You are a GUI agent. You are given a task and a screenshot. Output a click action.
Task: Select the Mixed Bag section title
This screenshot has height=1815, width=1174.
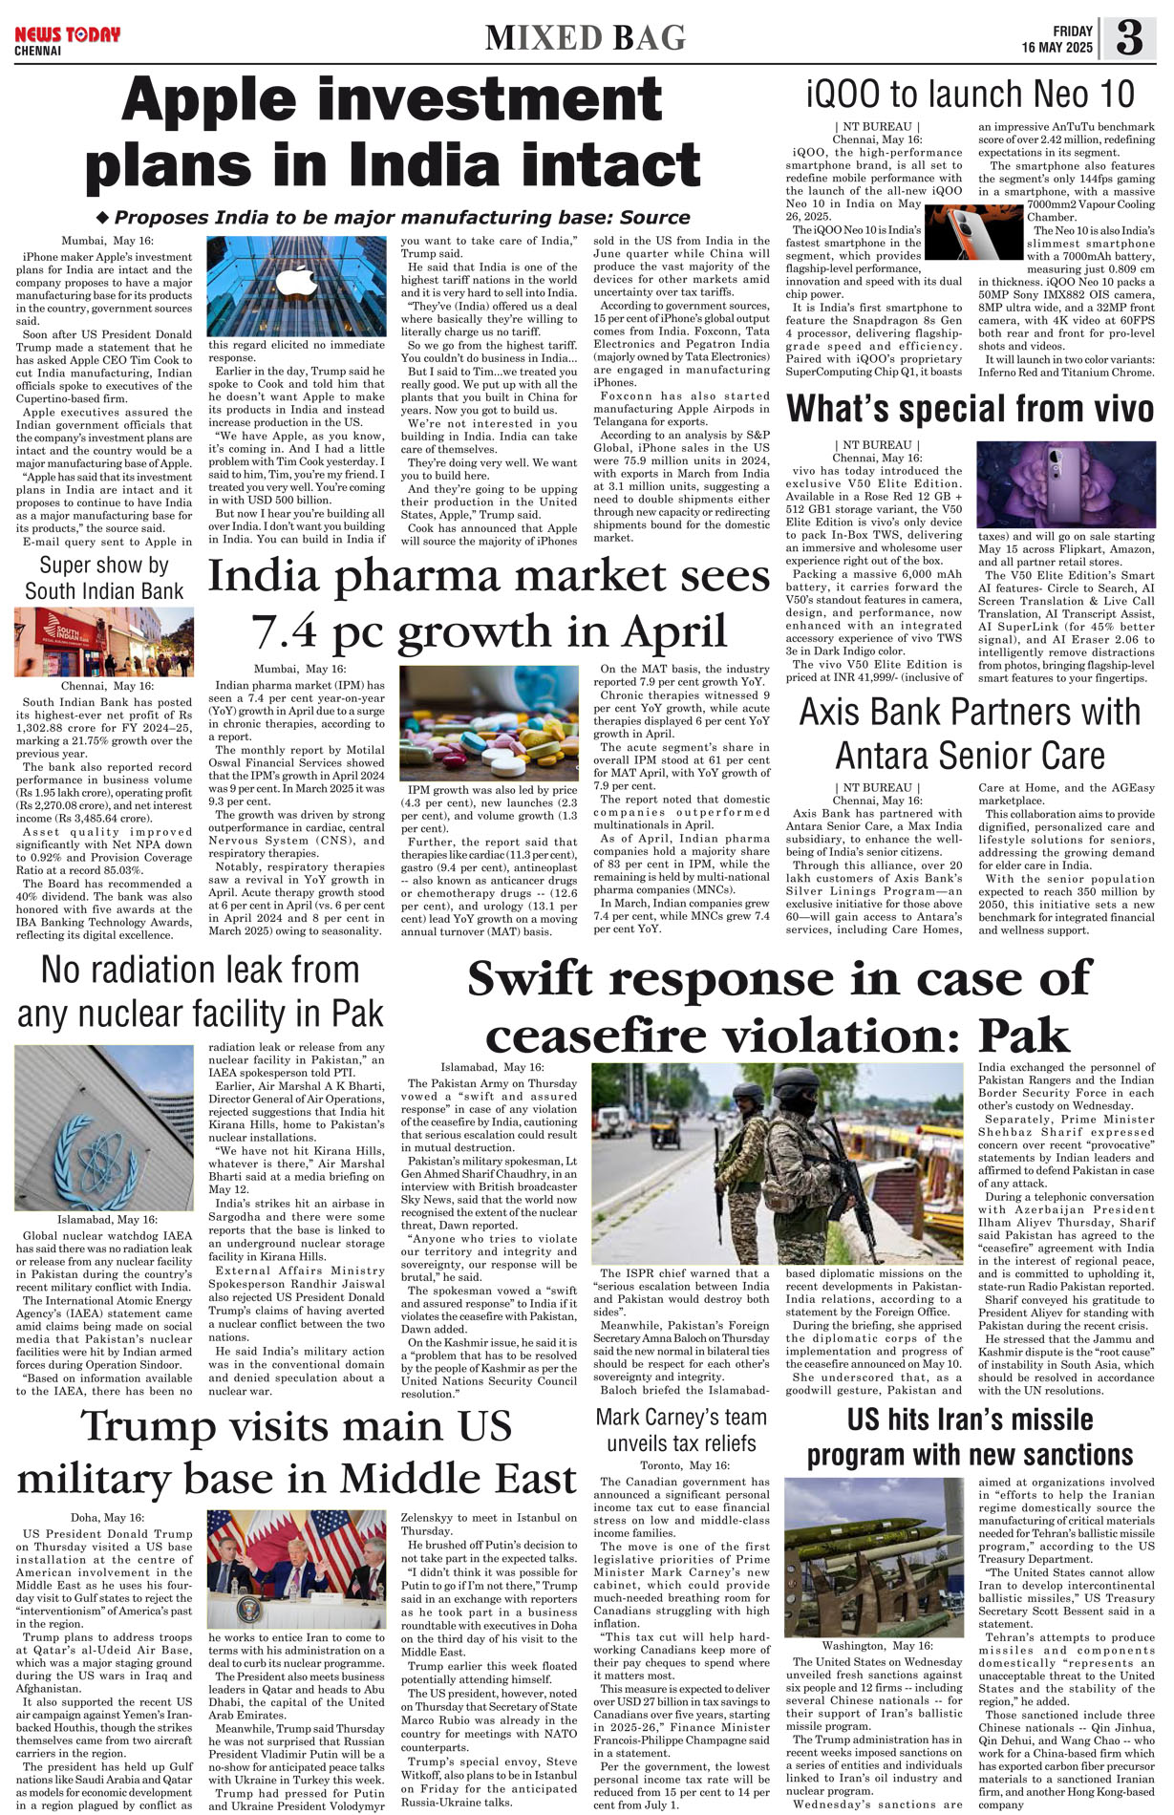(x=585, y=38)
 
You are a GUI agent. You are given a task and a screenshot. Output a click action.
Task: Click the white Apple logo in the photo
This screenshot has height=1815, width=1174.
(x=296, y=283)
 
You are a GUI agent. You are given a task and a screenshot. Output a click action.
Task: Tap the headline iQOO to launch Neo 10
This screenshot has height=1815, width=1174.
(x=970, y=95)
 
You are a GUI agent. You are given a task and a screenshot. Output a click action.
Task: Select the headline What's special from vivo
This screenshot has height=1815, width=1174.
(x=970, y=409)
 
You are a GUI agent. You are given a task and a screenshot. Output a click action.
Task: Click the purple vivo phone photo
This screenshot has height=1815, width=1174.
(x=1065, y=484)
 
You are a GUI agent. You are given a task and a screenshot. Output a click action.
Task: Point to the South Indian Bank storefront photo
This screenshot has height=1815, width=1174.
(x=103, y=642)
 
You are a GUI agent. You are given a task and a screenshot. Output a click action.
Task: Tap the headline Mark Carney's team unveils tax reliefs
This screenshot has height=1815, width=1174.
(x=680, y=1430)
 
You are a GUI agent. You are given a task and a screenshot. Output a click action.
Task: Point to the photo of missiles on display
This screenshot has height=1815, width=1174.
(x=874, y=1556)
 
